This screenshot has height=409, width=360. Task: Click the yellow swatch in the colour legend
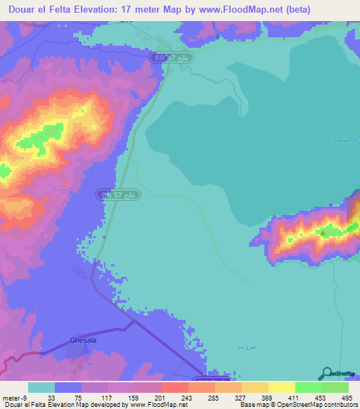pyautogui.click(x=281, y=387)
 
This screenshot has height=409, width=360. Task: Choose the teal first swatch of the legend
pyautogui.click(x=41, y=387)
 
